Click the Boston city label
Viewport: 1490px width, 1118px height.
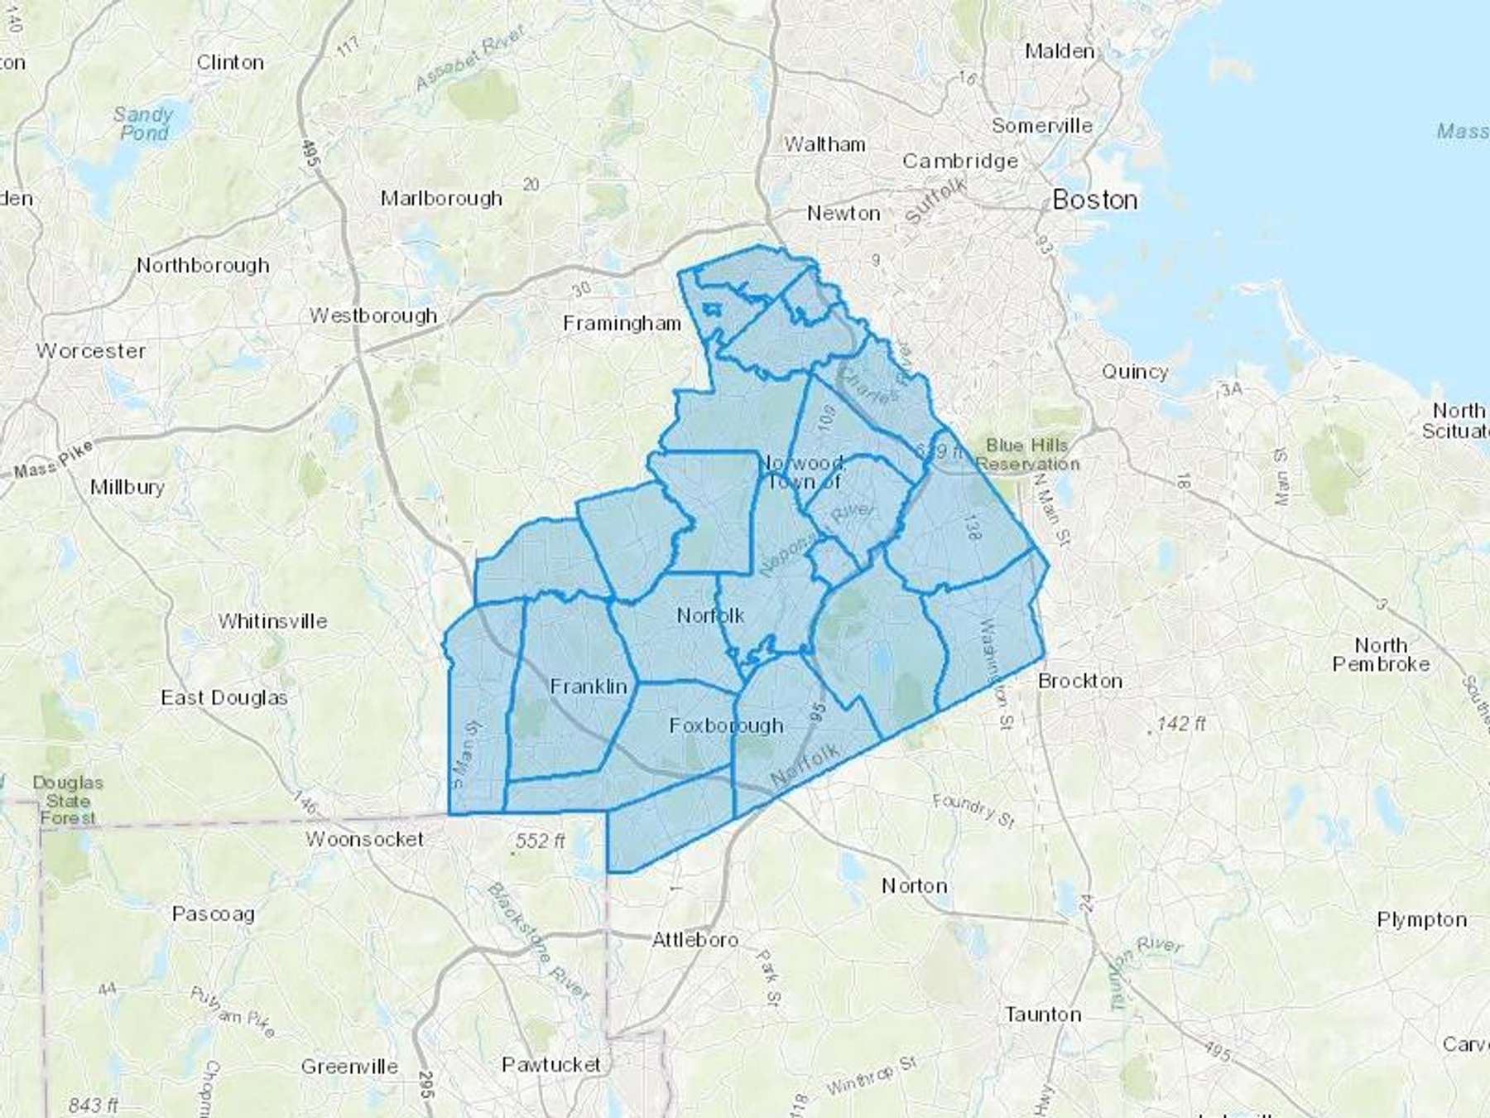click(1094, 200)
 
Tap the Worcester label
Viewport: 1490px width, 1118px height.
click(90, 351)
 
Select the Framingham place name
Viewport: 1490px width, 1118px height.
click(622, 323)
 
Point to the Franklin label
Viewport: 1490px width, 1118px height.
click(589, 687)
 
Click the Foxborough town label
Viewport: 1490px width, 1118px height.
click(726, 725)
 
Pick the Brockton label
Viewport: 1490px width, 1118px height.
click(1080, 681)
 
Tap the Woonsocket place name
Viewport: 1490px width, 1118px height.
click(364, 839)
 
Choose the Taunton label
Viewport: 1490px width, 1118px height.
click(1043, 1014)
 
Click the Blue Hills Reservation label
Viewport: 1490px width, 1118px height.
click(1027, 455)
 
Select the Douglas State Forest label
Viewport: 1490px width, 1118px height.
click(68, 800)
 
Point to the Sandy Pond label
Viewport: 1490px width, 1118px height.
click(143, 123)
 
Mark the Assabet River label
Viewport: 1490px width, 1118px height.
click(470, 58)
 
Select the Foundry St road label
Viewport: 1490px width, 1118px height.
click(973, 810)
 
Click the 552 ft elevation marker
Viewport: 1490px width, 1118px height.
click(540, 841)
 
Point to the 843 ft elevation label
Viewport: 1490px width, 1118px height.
click(93, 1104)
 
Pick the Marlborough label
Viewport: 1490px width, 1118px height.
click(441, 199)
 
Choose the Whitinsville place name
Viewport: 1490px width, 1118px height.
click(272, 621)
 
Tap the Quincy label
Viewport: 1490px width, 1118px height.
click(1134, 372)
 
